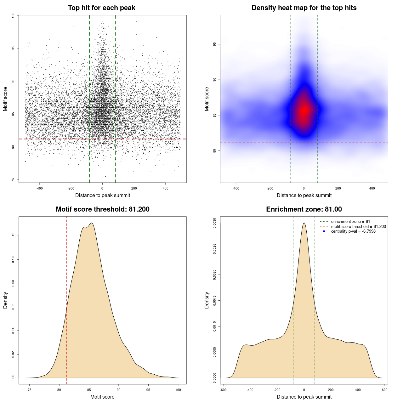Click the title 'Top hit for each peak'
[101, 8]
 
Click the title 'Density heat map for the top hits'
[304, 8]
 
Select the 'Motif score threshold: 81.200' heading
[102, 209]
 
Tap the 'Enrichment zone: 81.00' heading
[304, 209]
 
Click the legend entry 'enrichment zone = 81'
[350, 222]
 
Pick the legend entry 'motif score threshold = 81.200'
[358, 227]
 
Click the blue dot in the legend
[324, 231]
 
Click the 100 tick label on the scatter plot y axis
[13, 15]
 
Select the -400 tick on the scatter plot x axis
[39, 188]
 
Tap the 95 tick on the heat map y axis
[215, 44]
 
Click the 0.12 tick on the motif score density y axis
[13, 236]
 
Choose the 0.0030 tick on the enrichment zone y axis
[215, 223]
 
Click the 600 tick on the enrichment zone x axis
[384, 390]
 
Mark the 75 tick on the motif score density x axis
[30, 390]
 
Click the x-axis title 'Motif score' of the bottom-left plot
[102, 397]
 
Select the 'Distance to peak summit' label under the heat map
[304, 196]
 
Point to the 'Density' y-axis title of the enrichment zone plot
[207, 300]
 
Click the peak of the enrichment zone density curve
[304, 223]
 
